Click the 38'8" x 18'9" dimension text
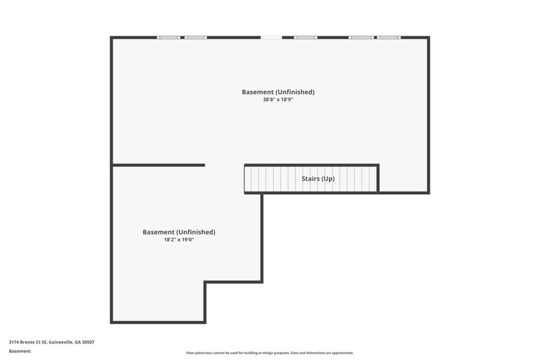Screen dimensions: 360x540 coord(278,99)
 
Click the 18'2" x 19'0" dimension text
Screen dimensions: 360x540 coord(179,239)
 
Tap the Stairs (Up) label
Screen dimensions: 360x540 coord(318,179)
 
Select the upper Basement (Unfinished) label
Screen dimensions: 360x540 coord(278,92)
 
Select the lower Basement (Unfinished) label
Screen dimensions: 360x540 coord(179,232)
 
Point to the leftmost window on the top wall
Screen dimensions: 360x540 coord(168,37)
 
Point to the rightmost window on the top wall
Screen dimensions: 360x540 coord(389,37)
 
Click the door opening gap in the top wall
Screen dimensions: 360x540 coord(271,37)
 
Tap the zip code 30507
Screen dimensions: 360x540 coord(87,342)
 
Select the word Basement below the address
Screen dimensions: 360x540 coord(20,351)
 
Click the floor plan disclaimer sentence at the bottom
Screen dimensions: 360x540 coord(269,353)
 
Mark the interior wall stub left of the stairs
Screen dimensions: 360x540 coord(159,165)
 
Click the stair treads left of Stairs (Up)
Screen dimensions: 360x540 coord(269,179)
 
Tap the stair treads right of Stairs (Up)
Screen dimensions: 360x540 coord(358,179)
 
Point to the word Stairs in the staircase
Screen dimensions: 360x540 coord(309,179)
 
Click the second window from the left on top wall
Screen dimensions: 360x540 coord(197,37)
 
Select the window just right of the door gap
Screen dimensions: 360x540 coord(306,37)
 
